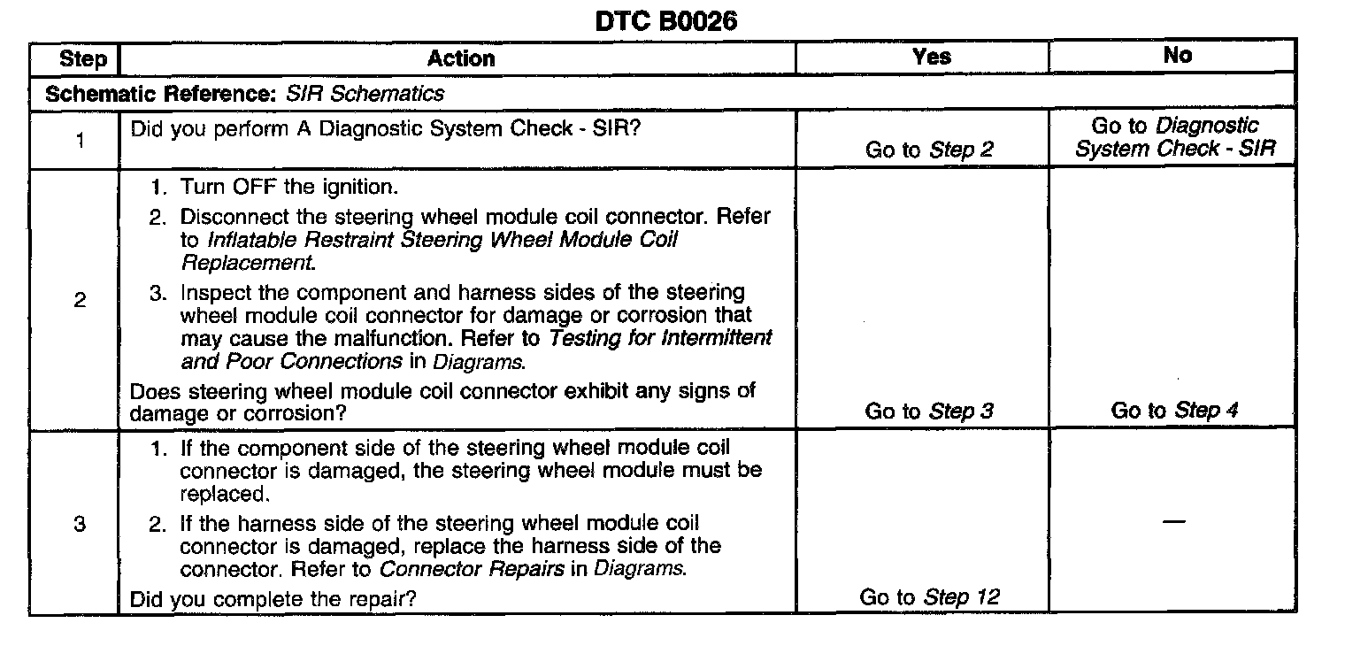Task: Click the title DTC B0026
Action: click(x=665, y=20)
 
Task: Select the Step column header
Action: click(x=82, y=59)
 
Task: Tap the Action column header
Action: click(x=461, y=58)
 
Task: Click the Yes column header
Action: click(x=931, y=57)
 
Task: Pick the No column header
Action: click(x=1177, y=55)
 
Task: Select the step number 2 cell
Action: click(x=80, y=300)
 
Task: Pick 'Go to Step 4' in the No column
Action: click(x=1174, y=410)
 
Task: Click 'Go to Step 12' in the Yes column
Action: click(x=929, y=597)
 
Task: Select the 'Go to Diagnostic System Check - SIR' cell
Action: click(x=1175, y=137)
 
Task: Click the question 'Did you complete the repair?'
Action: click(x=273, y=599)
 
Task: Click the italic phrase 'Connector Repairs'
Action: click(x=472, y=568)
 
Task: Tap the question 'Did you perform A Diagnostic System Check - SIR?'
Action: click(x=386, y=128)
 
